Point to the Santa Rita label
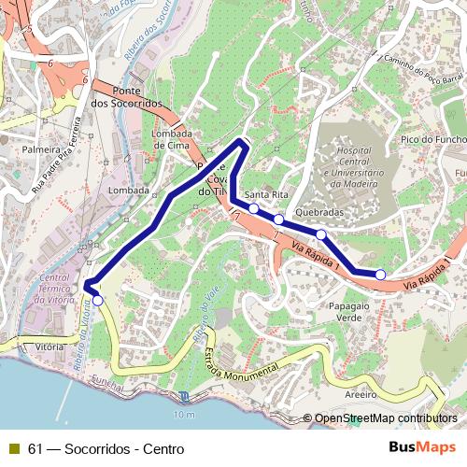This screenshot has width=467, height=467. pos(267,194)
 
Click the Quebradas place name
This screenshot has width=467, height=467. pos(319,212)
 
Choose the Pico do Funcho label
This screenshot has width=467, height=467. pos(432,139)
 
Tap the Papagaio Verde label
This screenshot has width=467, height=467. pos(345,312)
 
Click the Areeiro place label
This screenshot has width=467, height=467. pos(360,395)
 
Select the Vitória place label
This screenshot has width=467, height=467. pos(49,347)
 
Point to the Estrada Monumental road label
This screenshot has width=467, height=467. pos(239,364)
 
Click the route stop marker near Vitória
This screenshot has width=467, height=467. pos(97,301)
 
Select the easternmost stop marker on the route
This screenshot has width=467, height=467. pos(380,274)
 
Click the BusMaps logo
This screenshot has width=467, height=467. pos(422,447)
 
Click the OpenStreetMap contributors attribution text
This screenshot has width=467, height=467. pos(385,419)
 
